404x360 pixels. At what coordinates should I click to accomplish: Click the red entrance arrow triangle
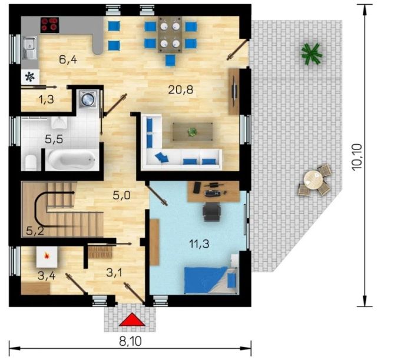[132, 319]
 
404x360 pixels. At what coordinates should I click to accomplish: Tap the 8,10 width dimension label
[130, 342]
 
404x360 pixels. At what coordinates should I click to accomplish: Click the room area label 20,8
[181, 90]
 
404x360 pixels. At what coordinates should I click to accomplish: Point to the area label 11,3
[199, 244]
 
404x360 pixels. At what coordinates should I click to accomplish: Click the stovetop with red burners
[49, 25]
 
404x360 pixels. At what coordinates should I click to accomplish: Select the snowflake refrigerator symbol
[29, 76]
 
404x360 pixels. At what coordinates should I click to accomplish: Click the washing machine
[88, 98]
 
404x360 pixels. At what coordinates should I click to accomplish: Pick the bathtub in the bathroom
[72, 160]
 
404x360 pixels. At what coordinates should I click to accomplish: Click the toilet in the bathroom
[31, 162]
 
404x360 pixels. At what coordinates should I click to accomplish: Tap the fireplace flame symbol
[47, 255]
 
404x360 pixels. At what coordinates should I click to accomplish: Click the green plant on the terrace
[312, 54]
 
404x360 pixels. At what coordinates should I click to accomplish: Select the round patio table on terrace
[313, 179]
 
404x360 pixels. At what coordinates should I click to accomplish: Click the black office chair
[212, 211]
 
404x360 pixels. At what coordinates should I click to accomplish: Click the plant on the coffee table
[192, 132]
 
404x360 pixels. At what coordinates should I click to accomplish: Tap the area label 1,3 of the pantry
[47, 99]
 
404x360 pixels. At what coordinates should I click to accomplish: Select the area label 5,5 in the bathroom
[54, 139]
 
